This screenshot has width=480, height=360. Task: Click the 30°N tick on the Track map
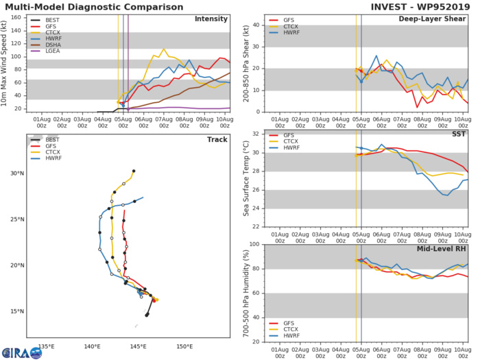[17, 173]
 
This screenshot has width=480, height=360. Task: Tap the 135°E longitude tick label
[47, 346]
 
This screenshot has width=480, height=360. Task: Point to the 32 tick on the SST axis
[254, 134]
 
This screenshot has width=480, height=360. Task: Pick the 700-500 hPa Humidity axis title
[245, 293]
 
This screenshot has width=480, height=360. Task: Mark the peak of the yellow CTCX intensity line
[163, 49]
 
